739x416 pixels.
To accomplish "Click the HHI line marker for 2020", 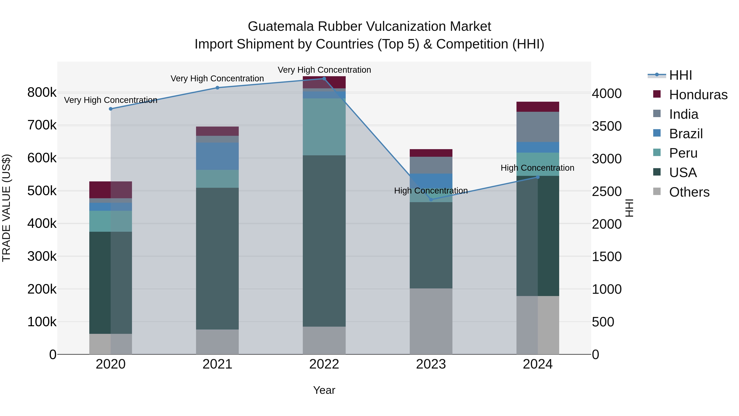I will click(x=111, y=109).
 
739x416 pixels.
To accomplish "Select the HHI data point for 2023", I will click(x=431, y=199).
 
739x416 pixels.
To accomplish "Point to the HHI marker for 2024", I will click(x=538, y=177).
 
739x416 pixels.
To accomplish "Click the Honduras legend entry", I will click(x=698, y=95).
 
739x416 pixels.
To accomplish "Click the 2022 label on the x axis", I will click(x=324, y=364).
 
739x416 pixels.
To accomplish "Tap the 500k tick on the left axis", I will click(x=42, y=191).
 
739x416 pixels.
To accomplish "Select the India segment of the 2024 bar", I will click(x=538, y=127).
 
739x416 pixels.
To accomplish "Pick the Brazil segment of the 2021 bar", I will click(x=217, y=156).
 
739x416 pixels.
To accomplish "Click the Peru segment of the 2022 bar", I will click(x=324, y=127).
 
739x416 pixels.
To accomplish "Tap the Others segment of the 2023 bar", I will click(x=431, y=321).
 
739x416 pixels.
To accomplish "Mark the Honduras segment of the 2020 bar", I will click(x=111, y=190).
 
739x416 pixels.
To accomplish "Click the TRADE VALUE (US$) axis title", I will click(x=6, y=208).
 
